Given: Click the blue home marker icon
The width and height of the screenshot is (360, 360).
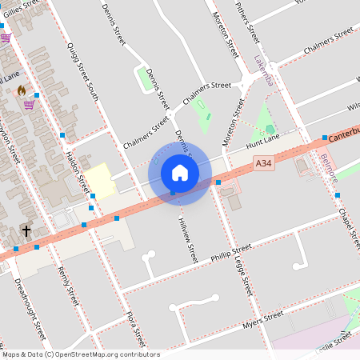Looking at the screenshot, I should pyautogui.click(x=179, y=172).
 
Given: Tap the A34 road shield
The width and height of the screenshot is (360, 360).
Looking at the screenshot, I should pyautogui.click(x=263, y=162).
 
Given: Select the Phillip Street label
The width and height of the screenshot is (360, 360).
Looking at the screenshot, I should pyautogui.click(x=230, y=253).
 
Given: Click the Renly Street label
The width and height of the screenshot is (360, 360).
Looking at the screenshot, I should pyautogui.click(x=69, y=286).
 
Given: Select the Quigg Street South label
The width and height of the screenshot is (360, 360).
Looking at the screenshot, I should pyautogui.click(x=83, y=71).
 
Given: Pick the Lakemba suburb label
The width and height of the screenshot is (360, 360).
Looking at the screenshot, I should pyautogui.click(x=264, y=71).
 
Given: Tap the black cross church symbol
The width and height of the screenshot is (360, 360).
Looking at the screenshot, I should pyautogui.click(x=26, y=231).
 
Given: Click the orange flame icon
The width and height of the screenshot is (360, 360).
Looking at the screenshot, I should pyautogui.click(x=22, y=90).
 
